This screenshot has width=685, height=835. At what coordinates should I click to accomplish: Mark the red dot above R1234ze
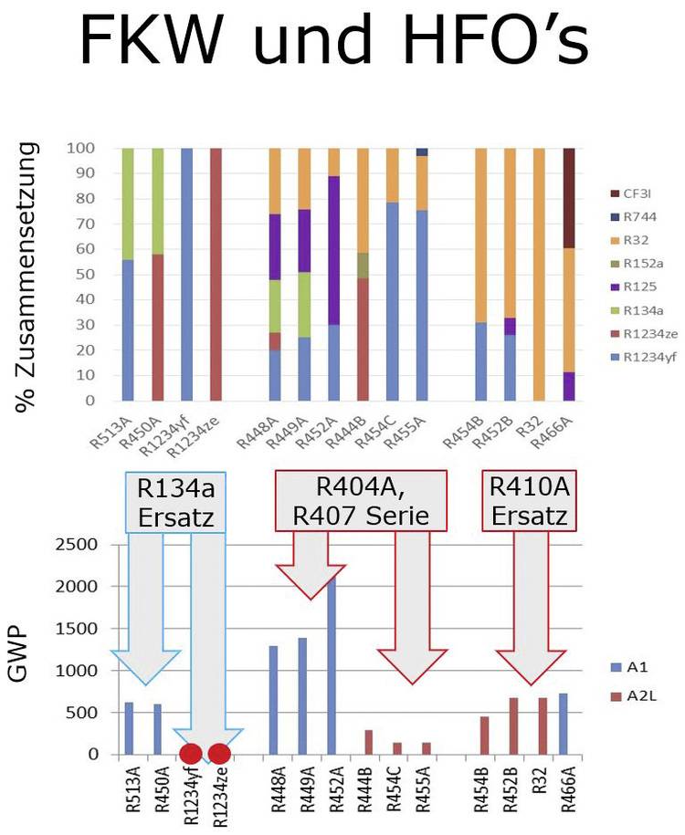(x=219, y=754)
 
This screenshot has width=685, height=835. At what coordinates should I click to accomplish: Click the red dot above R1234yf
(x=190, y=754)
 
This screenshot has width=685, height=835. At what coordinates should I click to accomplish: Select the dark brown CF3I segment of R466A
(x=569, y=197)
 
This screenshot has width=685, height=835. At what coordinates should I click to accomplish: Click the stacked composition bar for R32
(x=539, y=274)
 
